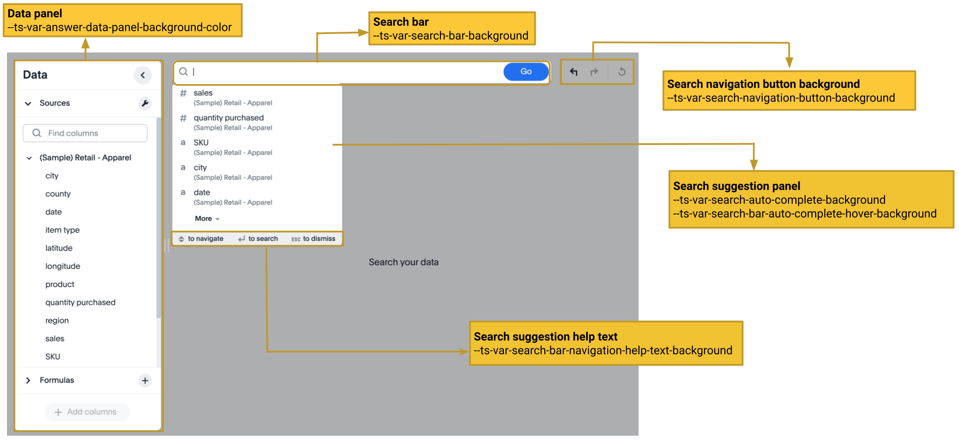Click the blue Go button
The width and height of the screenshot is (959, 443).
(x=526, y=71)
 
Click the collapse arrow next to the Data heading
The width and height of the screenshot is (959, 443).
(x=143, y=75)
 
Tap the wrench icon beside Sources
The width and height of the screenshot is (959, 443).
(x=145, y=103)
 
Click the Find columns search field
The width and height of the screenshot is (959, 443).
(x=85, y=133)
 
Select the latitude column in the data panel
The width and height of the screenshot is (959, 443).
(x=59, y=248)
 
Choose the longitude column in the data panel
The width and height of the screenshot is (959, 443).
(x=63, y=266)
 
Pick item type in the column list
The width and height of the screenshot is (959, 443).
(x=62, y=230)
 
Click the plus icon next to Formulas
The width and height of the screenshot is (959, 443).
(x=145, y=380)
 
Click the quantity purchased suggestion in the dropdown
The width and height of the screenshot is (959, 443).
(x=228, y=118)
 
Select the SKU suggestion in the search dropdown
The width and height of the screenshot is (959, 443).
(x=201, y=143)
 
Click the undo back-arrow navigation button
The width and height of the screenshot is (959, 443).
(x=574, y=72)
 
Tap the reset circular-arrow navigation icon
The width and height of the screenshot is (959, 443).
(x=621, y=72)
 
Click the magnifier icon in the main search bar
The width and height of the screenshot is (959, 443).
(x=183, y=72)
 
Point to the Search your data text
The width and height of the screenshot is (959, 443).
(x=403, y=262)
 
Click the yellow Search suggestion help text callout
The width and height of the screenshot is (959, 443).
(x=606, y=343)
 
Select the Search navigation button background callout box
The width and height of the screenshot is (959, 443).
(x=789, y=91)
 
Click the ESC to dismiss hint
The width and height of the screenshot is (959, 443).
(x=313, y=239)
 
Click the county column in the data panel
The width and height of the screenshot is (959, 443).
(x=58, y=194)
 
